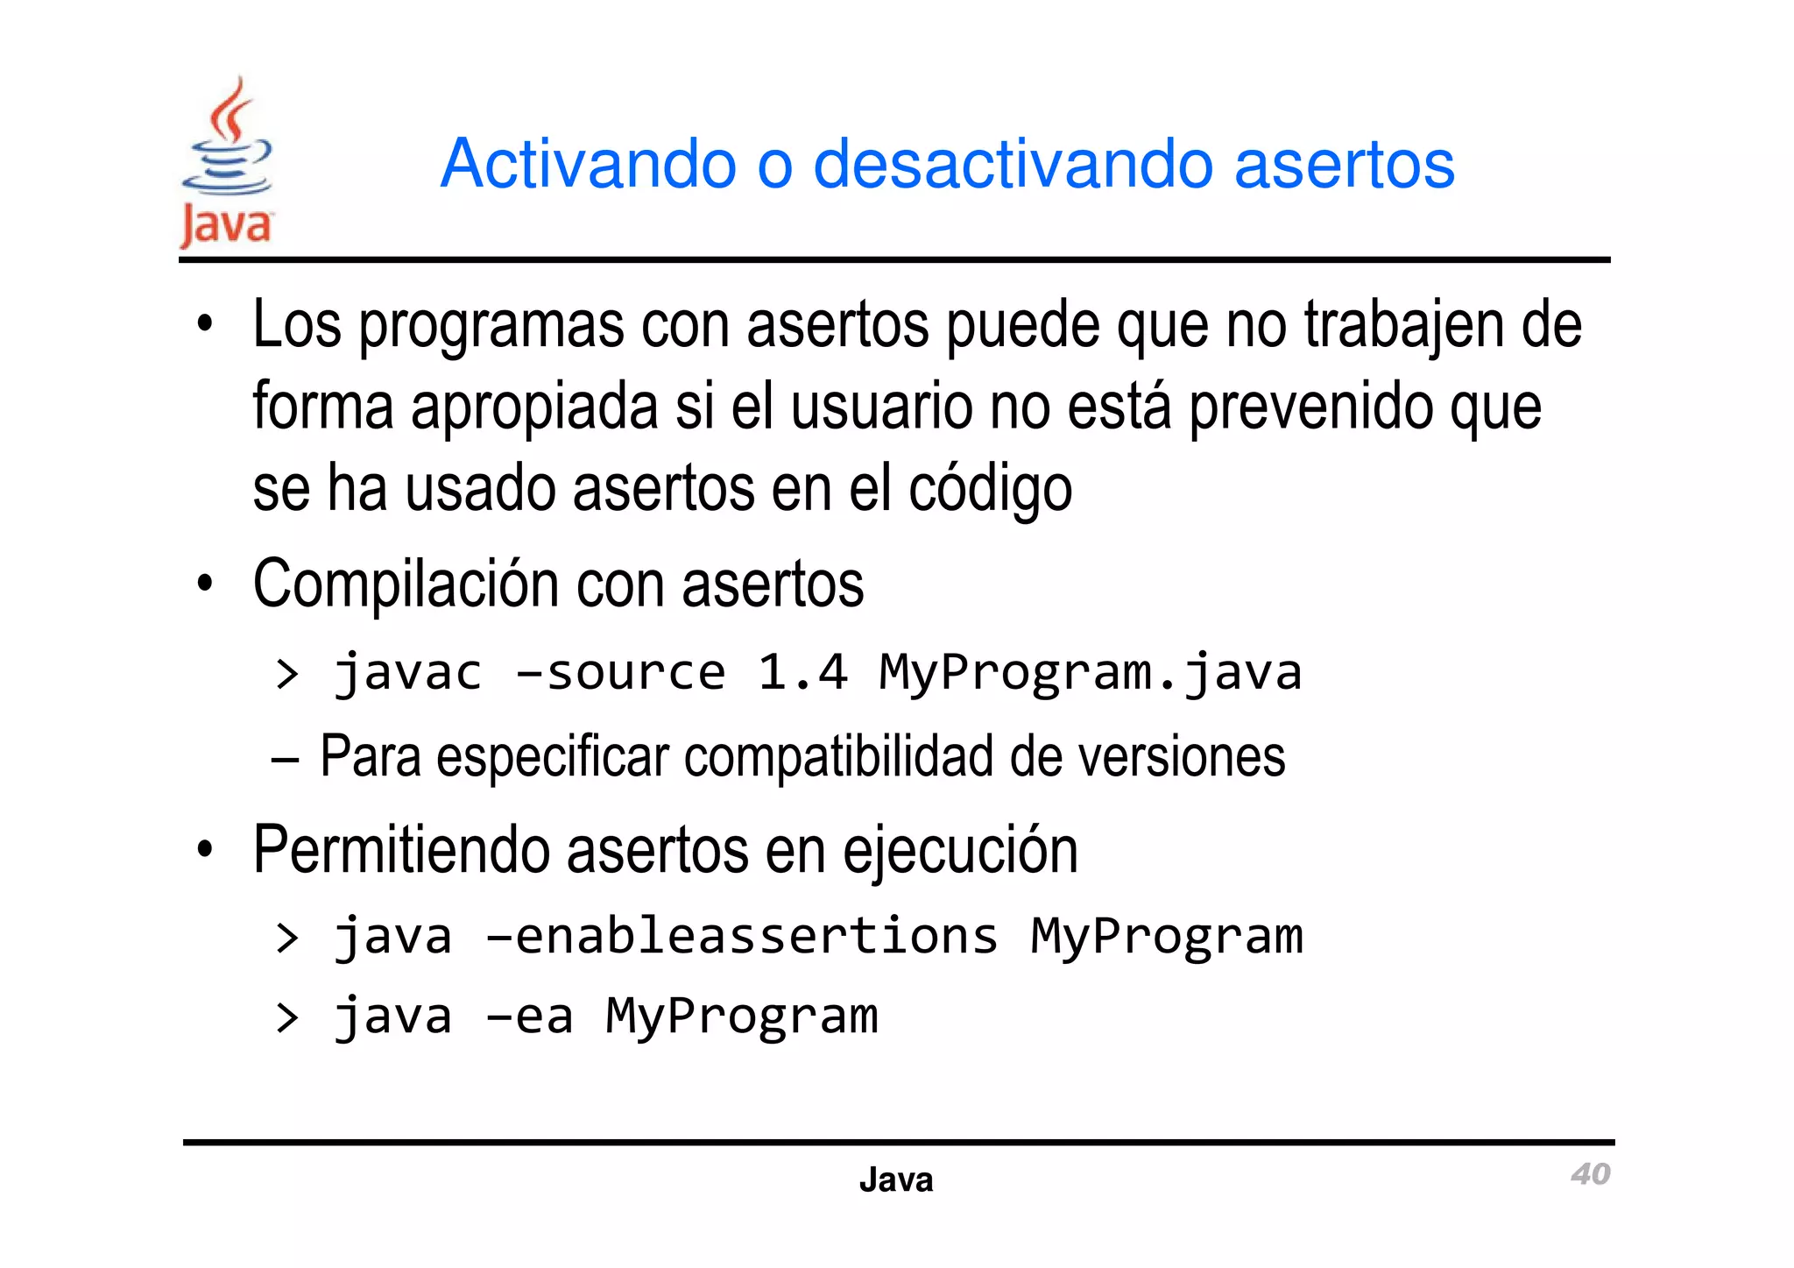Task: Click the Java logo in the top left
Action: [227, 163]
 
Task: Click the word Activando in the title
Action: [588, 164]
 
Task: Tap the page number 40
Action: [1590, 1173]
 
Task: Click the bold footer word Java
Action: [895, 1179]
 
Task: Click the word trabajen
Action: [1402, 326]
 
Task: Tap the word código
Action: [989, 488]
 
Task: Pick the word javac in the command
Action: [408, 673]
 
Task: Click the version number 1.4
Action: [802, 673]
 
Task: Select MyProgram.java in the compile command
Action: [1090, 673]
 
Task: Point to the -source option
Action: [620, 673]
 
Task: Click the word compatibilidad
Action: [837, 756]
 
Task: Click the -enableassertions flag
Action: [742, 936]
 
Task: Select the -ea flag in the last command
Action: [530, 1017]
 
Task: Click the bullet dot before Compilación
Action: [205, 584]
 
